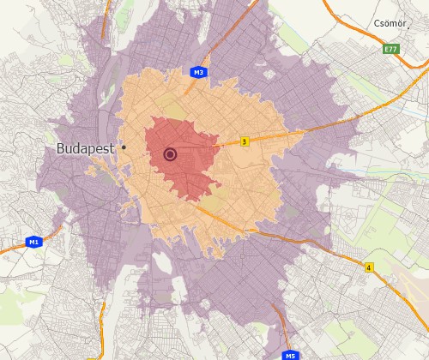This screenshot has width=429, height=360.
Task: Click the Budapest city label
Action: [x=86, y=148]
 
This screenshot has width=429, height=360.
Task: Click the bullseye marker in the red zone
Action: [x=170, y=154]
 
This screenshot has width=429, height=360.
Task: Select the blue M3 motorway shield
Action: [x=198, y=73]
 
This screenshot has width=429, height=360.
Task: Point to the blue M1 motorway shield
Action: [x=33, y=243]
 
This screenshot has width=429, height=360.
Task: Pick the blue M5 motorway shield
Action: [x=290, y=355]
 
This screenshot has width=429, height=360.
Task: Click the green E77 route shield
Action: [x=391, y=49]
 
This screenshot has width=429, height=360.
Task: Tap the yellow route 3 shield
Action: [x=245, y=141]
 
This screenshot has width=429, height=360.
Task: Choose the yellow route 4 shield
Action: [x=369, y=267]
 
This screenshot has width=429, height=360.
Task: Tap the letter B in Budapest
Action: [x=61, y=148]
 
